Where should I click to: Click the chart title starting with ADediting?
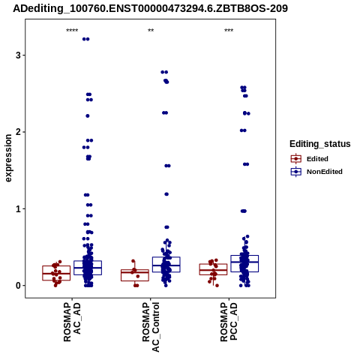coord(150,8)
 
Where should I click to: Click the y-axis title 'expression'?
coord(8,158)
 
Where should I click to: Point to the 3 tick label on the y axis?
coord(18,55)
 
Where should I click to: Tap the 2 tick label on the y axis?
coord(18,132)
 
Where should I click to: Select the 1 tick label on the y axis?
coord(18,208)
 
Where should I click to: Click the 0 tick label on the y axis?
coord(18,286)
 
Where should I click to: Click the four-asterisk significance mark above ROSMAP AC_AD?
coord(72,31)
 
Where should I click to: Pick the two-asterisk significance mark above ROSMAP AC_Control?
coord(151,31)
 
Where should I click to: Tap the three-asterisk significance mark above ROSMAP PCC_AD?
coord(229,31)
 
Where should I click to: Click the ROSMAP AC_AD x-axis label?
coord(72,322)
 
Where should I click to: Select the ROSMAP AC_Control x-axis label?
coord(151,327)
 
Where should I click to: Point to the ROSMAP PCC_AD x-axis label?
coord(229,322)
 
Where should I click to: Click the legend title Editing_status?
coord(320,144)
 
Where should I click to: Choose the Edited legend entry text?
coord(317,159)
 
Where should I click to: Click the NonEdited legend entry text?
coord(325,172)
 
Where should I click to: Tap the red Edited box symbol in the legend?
coord(296,159)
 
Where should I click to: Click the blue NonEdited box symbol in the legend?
coord(296,172)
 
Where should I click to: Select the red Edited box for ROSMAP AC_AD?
coord(56,273)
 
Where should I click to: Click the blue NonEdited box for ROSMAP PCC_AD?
coord(244,263)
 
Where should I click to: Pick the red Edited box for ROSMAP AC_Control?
coord(135,275)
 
